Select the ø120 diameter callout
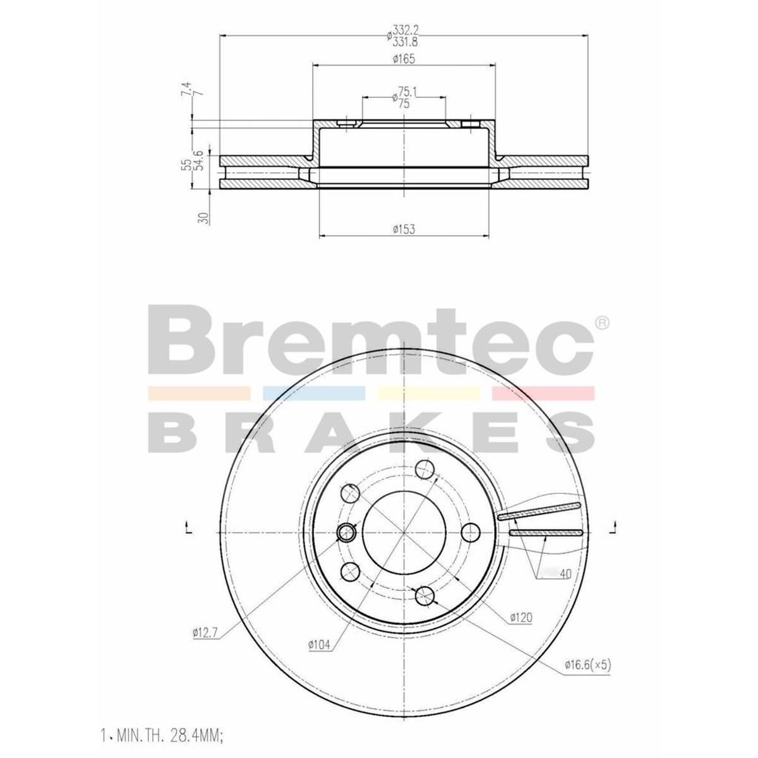tap(521, 617)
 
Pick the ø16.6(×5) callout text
tap(587, 665)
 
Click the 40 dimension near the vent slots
tap(565, 574)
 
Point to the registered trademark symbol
tap(603, 323)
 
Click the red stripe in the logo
tap(543, 394)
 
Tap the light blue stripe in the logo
tap(313, 394)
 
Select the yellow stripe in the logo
tap(428, 394)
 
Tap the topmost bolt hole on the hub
tap(425, 470)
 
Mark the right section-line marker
tap(613, 528)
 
